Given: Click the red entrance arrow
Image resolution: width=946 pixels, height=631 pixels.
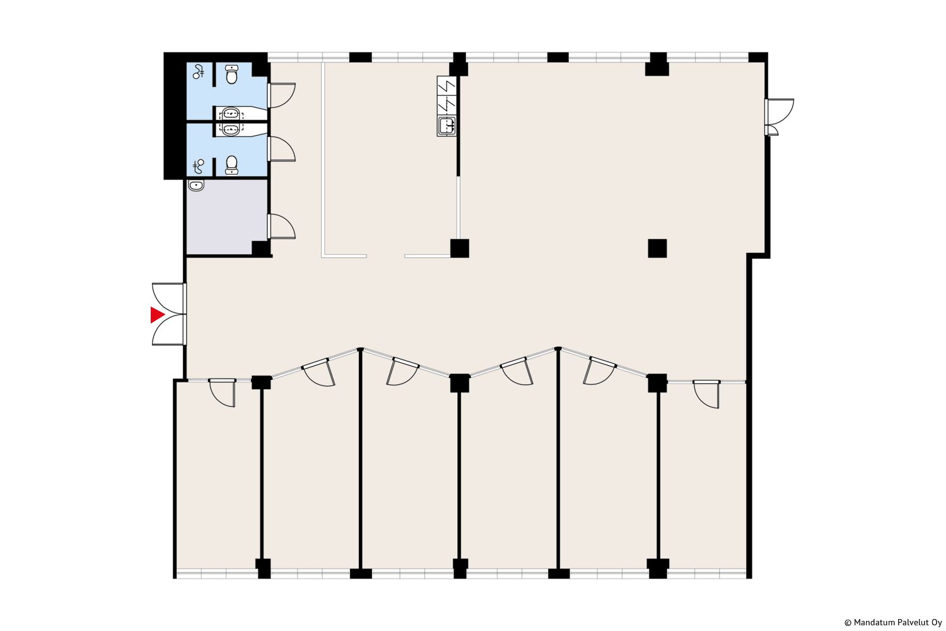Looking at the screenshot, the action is [156, 315].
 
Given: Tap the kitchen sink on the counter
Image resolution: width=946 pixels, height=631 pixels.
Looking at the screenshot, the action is [447, 126].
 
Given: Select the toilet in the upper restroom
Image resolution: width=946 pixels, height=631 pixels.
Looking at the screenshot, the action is [231, 74].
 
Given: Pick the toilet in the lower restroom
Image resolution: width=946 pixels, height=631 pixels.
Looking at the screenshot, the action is [231, 165].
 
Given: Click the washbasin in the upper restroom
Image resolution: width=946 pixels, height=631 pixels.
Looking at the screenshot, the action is [231, 114].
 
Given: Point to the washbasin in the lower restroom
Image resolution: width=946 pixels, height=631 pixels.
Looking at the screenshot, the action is [231, 129].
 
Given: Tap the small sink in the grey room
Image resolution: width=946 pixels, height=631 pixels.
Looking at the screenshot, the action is [196, 185].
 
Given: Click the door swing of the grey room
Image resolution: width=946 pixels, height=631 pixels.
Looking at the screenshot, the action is [282, 227].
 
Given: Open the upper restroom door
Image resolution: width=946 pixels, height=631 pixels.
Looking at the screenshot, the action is [282, 95].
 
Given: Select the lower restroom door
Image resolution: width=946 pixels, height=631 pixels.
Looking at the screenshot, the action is [282, 149].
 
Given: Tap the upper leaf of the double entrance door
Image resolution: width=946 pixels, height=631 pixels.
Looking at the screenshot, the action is [168, 298].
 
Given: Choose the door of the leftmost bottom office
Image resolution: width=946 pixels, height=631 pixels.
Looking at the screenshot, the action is [223, 392].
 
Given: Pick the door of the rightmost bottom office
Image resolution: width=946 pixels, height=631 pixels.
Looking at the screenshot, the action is [706, 394].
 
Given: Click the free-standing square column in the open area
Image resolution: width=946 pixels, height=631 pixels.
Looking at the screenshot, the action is [658, 248].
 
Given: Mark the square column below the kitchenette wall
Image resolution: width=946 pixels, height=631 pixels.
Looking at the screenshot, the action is [460, 248].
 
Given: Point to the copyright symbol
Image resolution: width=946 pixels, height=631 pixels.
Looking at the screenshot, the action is [848, 623].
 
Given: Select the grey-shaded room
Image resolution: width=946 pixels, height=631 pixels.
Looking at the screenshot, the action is [227, 217].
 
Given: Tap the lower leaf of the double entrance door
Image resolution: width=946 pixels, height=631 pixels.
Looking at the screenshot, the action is [168, 329].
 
